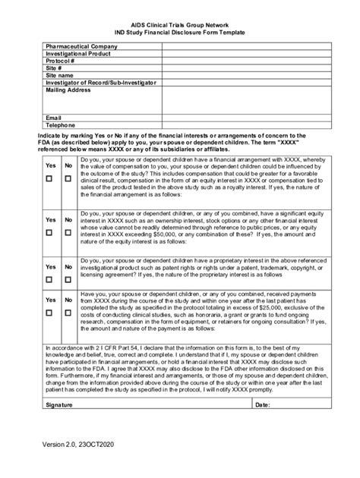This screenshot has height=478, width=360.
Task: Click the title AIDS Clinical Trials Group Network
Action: click(180, 24)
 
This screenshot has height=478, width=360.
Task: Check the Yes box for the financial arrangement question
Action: click(49, 179)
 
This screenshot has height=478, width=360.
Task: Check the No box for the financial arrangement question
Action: click(68, 179)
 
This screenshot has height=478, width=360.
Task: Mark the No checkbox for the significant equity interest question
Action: click(68, 233)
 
